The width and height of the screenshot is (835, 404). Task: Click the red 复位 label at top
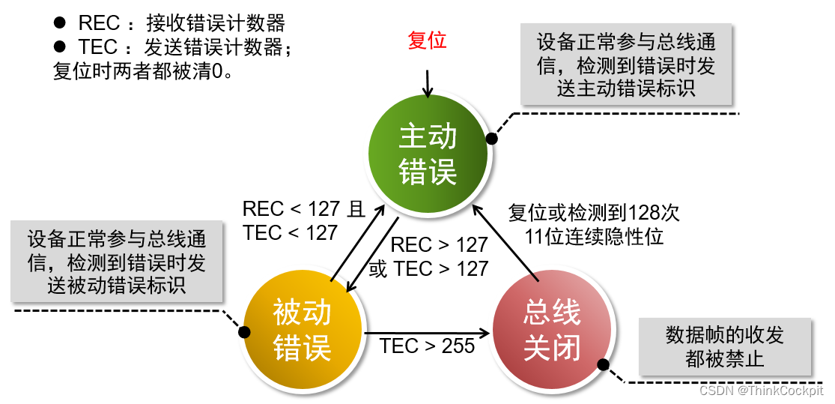[x=428, y=40]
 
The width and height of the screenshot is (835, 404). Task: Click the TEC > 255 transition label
[x=427, y=346]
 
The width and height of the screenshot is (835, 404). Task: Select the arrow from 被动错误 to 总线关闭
[x=427, y=331]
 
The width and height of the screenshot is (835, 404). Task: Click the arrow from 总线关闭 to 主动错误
[x=509, y=247]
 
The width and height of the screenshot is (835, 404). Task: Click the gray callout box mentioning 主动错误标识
[x=626, y=64]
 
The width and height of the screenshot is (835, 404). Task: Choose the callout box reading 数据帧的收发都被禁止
[x=724, y=346]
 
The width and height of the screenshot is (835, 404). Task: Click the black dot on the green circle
[x=492, y=139]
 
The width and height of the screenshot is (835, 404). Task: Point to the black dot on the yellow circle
[x=243, y=331]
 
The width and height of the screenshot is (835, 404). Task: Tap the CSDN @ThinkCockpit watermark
[x=761, y=391]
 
